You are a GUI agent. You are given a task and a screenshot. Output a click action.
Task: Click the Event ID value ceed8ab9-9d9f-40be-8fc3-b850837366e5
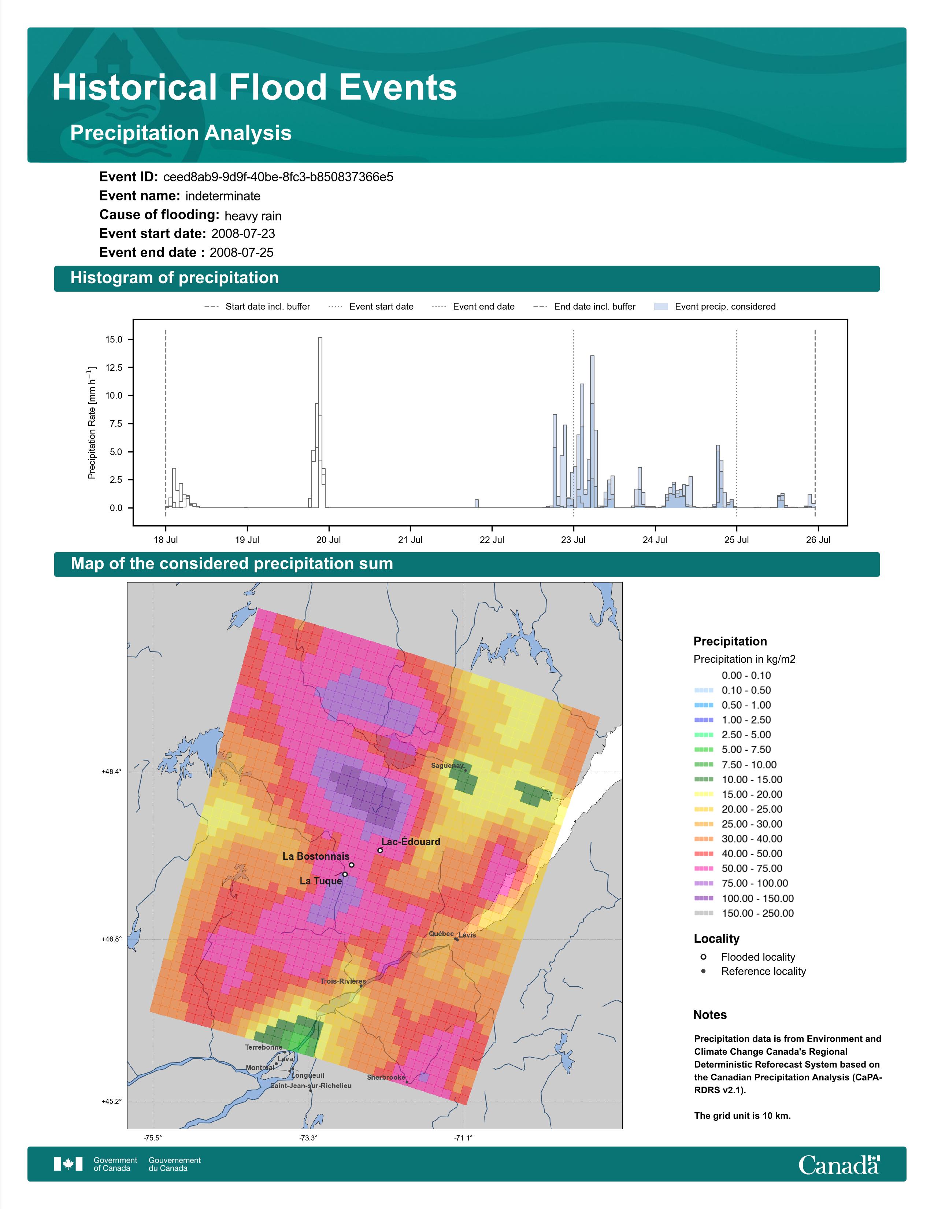tap(278, 177)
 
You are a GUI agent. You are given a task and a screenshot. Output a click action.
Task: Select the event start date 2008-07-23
tap(243, 234)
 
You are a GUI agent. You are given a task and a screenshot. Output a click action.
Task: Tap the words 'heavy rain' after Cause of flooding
tap(253, 216)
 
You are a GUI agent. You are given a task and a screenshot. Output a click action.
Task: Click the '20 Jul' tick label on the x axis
tap(329, 540)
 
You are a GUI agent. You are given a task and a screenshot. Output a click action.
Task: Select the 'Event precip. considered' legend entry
tap(715, 307)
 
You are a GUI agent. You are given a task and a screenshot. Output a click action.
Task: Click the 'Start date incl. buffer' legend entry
tap(257, 307)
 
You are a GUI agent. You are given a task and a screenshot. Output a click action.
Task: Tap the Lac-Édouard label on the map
tap(411, 842)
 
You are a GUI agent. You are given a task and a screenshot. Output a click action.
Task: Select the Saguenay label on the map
tap(447, 766)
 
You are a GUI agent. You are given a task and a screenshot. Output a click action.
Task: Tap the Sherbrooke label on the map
tap(386, 1077)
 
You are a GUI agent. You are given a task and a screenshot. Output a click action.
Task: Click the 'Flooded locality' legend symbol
tap(703, 957)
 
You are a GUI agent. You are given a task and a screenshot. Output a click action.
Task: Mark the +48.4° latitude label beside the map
tap(112, 772)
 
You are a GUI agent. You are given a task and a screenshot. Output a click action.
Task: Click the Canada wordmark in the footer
tap(839, 1165)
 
